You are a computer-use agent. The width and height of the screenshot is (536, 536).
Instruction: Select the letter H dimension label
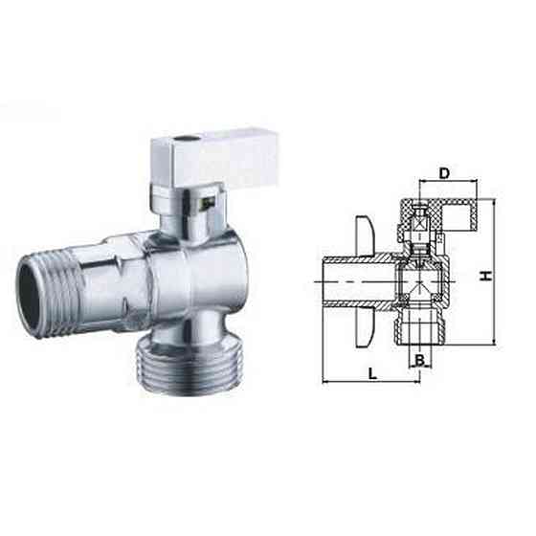coord(485,275)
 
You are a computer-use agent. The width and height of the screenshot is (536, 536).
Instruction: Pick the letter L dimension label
coord(370,371)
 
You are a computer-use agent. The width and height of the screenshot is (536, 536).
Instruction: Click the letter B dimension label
coord(419,361)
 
